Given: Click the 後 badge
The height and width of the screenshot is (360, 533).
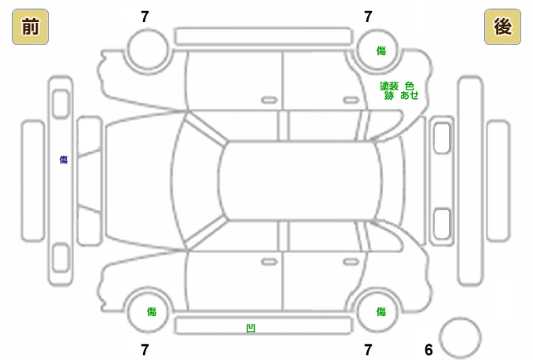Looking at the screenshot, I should coord(502,28).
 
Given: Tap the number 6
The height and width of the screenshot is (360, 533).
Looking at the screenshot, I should coord(428,350).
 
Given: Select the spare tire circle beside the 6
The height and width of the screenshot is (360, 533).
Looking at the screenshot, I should coord(459,337).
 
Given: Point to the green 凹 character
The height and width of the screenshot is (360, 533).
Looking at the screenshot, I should coord(251,327).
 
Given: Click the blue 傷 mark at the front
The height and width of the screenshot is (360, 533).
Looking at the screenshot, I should coord(64,160).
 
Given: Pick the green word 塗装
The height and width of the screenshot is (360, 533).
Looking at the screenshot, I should coord(389,86).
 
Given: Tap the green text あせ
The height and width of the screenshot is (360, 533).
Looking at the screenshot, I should coord(410,95).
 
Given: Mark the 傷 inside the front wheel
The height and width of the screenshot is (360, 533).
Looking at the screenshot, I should coord(151,311).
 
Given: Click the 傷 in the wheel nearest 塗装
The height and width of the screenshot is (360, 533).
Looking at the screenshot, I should coord(381,50).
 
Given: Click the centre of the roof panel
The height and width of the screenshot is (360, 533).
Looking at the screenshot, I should coord(300,181).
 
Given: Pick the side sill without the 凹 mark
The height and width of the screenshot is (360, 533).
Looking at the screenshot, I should coord(263,35).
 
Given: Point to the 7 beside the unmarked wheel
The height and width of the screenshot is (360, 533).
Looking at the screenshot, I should coord(145,16).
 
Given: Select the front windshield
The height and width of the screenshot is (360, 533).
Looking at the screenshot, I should coord(197,181).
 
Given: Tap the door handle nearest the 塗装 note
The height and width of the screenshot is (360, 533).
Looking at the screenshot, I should coord(351,100).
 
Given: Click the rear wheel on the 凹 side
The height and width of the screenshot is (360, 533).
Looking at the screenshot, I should coord(380,311).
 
